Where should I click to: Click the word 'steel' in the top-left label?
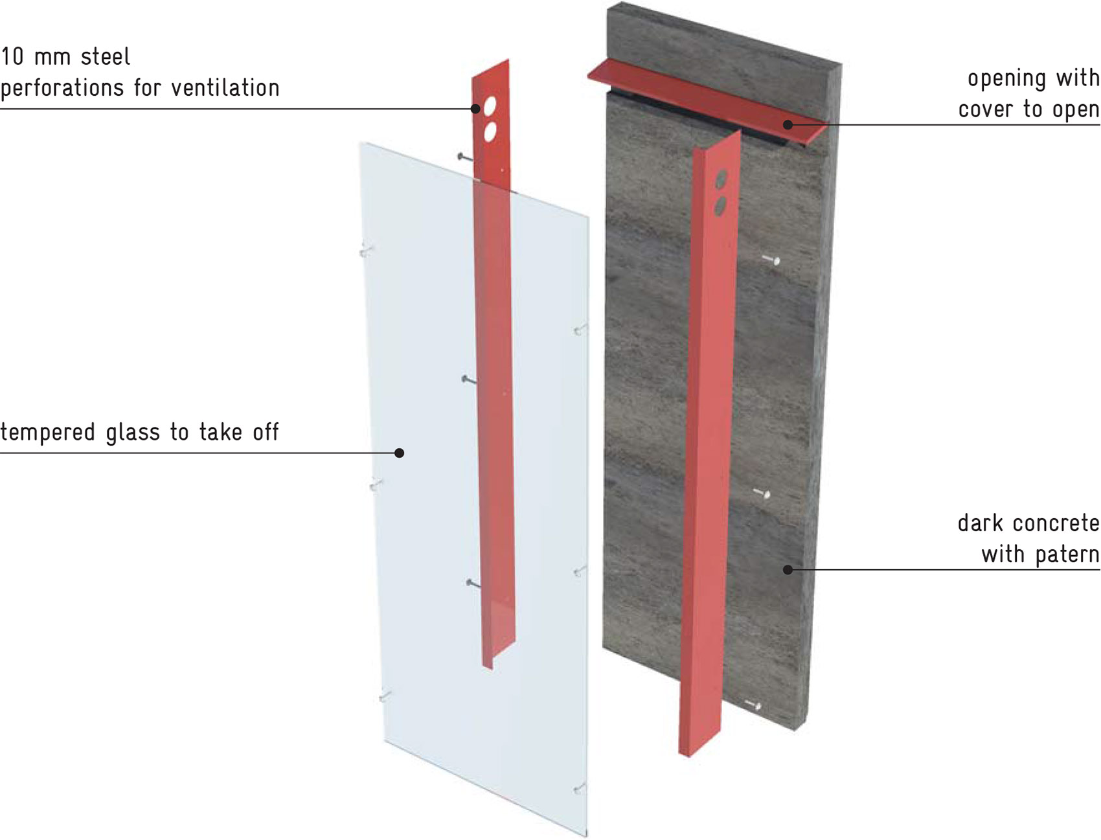[x=105, y=57]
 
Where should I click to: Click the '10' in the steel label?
[x=12, y=57]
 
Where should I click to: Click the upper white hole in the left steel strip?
[x=490, y=105]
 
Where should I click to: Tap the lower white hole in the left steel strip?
[x=490, y=131]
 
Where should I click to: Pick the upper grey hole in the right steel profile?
[x=721, y=179]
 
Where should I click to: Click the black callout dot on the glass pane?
[x=400, y=453]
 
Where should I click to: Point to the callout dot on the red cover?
[x=788, y=124]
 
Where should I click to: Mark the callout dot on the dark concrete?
[x=788, y=570]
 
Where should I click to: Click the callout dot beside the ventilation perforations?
[x=475, y=109]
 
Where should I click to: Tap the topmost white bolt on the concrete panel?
[x=771, y=260]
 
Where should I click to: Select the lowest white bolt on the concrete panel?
[x=753, y=705]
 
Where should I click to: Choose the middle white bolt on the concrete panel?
[x=762, y=494]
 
